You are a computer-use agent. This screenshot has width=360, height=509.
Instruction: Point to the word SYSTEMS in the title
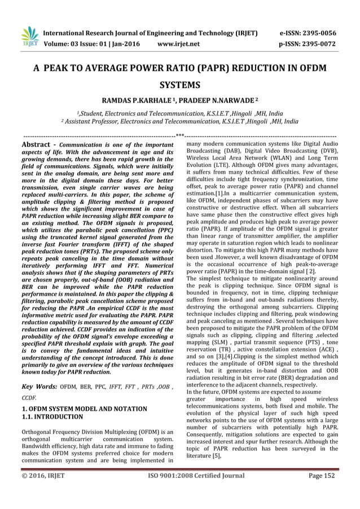pos(180,86)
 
